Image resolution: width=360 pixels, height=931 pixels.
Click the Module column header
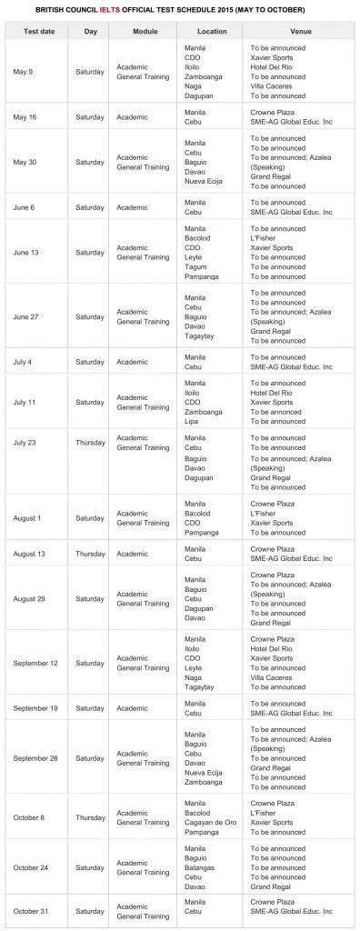(x=145, y=30)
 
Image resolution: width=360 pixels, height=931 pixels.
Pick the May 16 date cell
(x=25, y=116)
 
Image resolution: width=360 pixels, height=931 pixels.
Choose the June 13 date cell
(x=27, y=252)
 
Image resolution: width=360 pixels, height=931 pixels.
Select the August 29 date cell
(x=31, y=598)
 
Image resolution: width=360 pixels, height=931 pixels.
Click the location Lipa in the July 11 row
(x=193, y=421)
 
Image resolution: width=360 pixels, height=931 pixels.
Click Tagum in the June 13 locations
(x=195, y=266)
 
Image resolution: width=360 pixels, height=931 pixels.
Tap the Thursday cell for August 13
(x=90, y=554)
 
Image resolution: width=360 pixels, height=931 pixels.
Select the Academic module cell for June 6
(x=133, y=207)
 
